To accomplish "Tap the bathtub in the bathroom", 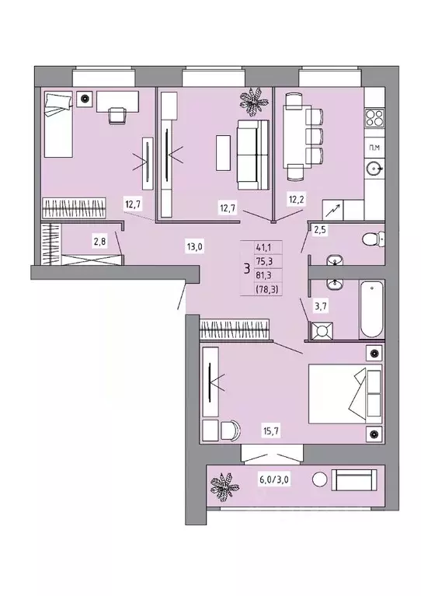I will (x=371, y=309).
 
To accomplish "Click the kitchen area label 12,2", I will (x=296, y=200).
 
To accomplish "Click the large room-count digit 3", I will (x=247, y=270).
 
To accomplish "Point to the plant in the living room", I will (x=253, y=101).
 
